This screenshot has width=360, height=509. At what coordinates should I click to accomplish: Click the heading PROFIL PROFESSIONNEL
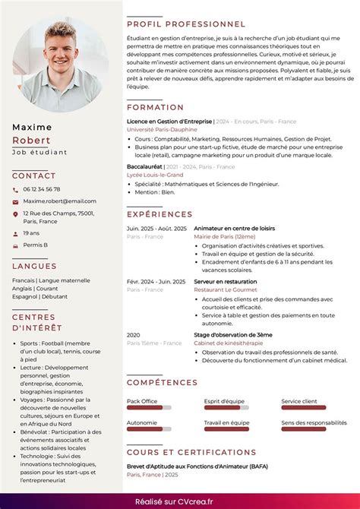(x=185, y=24)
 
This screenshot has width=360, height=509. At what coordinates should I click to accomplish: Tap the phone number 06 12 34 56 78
(x=41, y=189)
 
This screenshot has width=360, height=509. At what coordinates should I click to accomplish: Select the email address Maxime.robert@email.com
(x=59, y=201)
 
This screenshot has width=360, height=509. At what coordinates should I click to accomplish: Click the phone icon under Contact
(x=15, y=189)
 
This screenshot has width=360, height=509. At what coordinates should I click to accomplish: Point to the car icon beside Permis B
(x=15, y=245)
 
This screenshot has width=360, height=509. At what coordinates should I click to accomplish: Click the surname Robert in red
(x=31, y=141)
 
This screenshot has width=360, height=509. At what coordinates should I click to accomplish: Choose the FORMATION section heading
(x=155, y=108)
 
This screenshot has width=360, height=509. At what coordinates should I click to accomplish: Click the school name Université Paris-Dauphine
(x=162, y=130)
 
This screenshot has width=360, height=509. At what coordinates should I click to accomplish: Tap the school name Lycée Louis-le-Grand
(x=155, y=175)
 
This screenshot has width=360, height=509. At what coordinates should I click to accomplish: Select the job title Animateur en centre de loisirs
(x=234, y=228)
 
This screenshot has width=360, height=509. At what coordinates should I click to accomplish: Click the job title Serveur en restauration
(x=225, y=281)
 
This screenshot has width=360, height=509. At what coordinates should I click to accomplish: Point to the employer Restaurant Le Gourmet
(x=226, y=289)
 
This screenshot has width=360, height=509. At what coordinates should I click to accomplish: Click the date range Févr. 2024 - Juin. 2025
(x=156, y=281)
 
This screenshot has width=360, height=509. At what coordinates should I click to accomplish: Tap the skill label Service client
(x=299, y=400)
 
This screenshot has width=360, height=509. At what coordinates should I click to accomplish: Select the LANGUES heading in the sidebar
(x=34, y=266)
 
